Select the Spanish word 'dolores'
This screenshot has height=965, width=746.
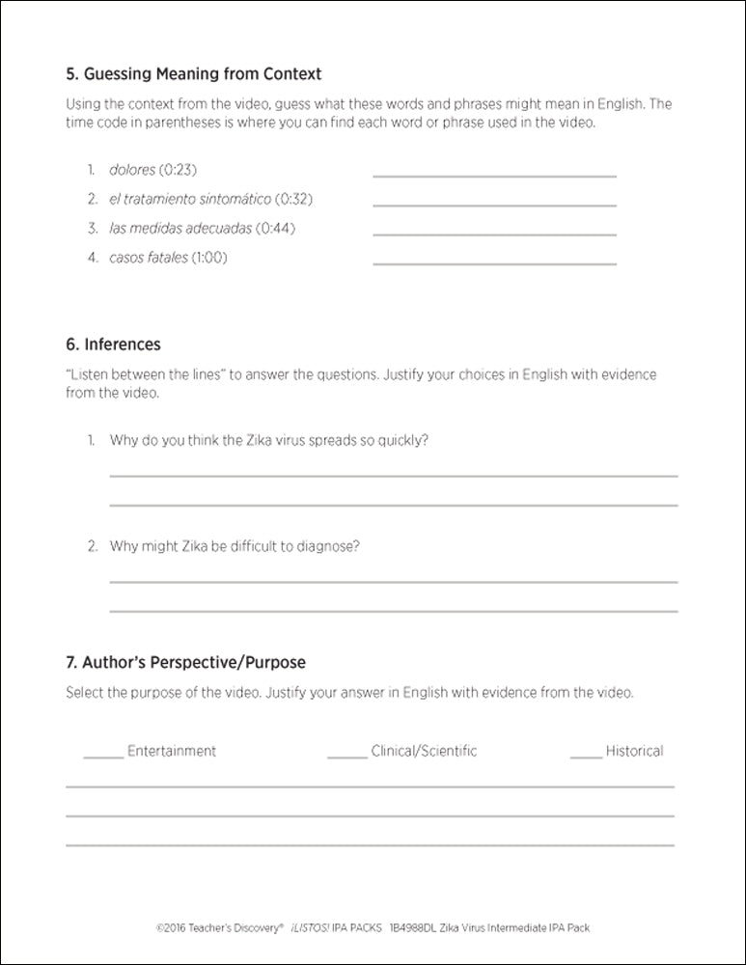coord(132,170)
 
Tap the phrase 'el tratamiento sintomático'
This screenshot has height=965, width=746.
coord(189,199)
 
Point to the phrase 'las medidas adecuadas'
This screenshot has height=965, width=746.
coord(181,229)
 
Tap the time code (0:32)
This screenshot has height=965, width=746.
coord(293,199)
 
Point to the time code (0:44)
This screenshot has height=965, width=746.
coord(277,229)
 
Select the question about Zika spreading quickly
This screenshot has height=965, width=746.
coord(269,440)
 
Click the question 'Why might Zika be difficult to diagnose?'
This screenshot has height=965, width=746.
coord(235,546)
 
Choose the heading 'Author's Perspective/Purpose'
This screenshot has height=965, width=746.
coord(185,663)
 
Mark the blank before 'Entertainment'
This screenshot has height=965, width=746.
coord(103,756)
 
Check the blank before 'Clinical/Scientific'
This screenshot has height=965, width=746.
coord(346,756)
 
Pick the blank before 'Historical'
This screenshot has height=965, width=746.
coord(586,756)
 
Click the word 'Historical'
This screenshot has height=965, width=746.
coord(634,751)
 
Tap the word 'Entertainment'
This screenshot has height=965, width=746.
coord(172,751)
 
